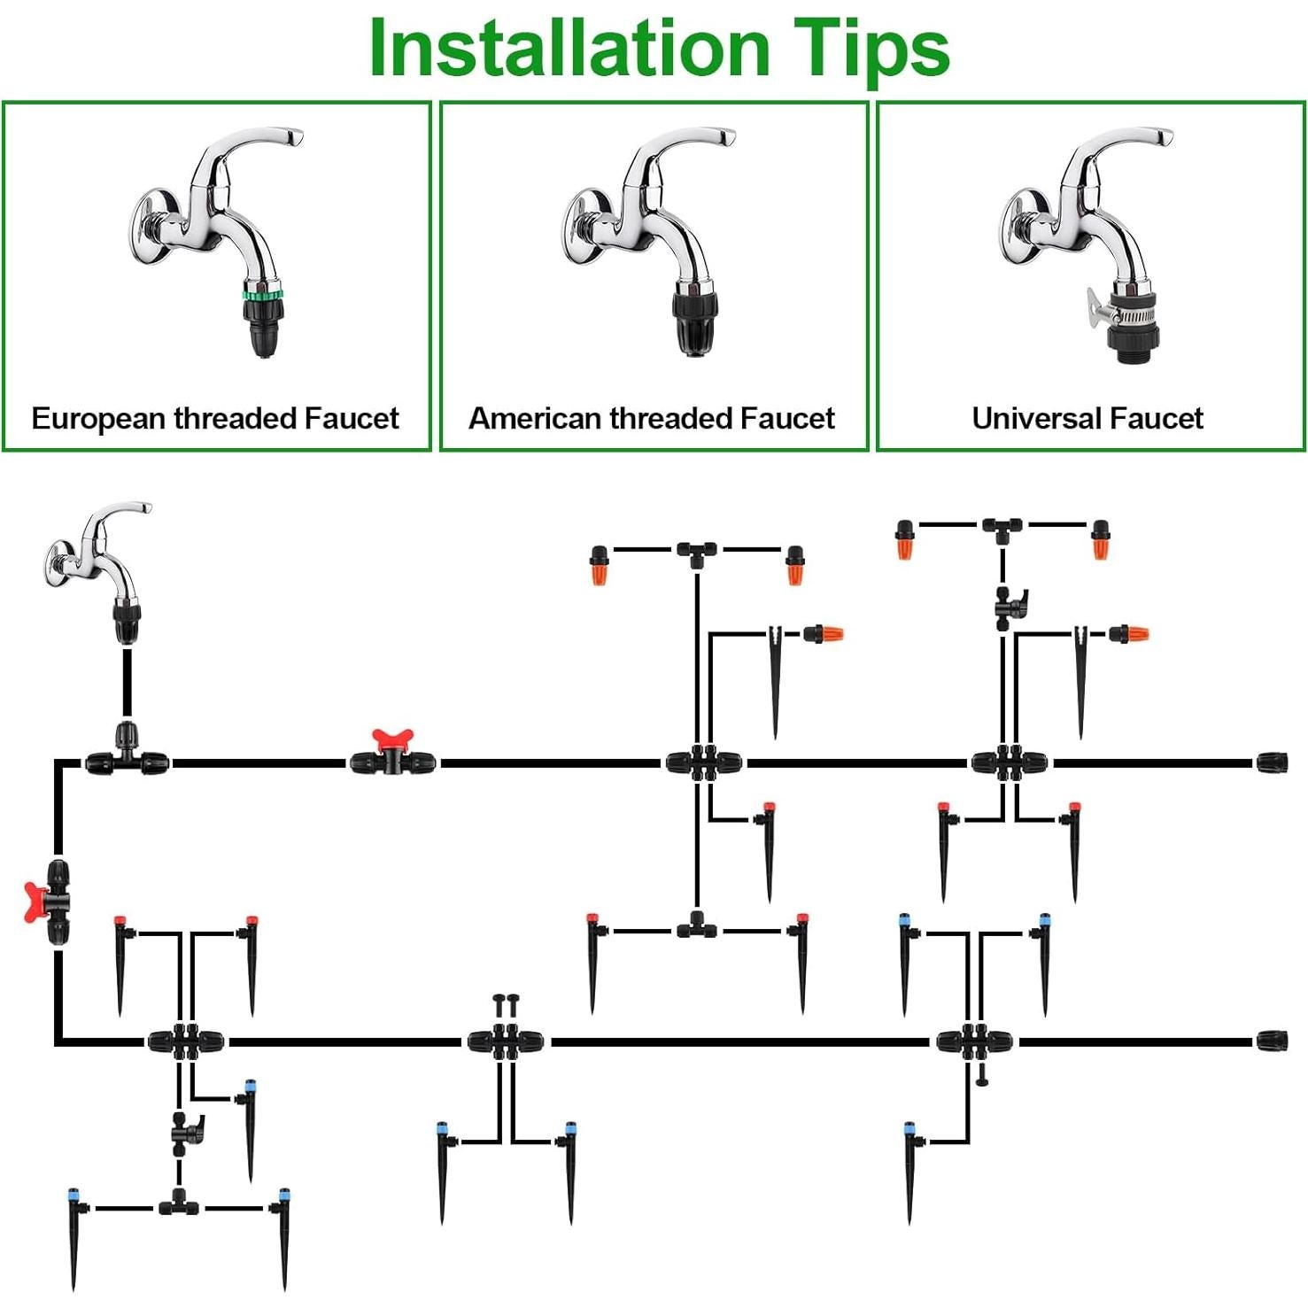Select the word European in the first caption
[99, 419]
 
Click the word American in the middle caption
[536, 418]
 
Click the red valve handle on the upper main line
[393, 741]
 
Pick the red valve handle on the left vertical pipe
[35, 902]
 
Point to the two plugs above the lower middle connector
[506, 1005]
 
